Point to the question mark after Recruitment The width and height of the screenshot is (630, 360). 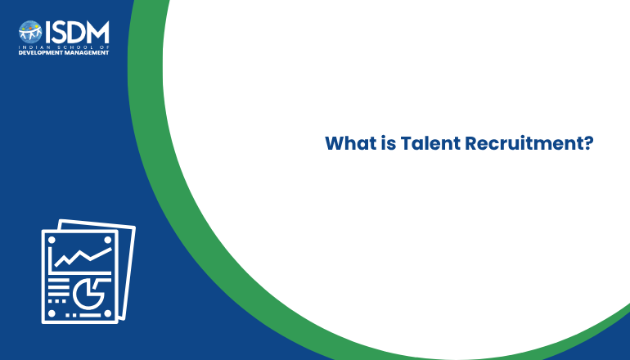588,143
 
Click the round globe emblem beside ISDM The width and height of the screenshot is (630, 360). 30,32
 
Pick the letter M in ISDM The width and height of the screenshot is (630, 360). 97,32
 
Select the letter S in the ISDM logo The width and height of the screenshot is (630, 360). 59,32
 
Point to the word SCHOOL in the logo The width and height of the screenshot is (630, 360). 76,47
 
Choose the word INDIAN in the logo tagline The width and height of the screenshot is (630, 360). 34,47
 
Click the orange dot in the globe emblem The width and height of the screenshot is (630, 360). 31,28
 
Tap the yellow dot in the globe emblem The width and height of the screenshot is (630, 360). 38,26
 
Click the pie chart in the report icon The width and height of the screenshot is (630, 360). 88,294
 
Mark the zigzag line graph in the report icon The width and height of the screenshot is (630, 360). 83,257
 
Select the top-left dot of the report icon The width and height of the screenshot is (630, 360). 52,241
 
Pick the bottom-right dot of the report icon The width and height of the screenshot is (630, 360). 108,313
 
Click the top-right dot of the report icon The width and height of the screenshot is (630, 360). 108,241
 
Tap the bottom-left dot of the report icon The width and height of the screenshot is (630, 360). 52,313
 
